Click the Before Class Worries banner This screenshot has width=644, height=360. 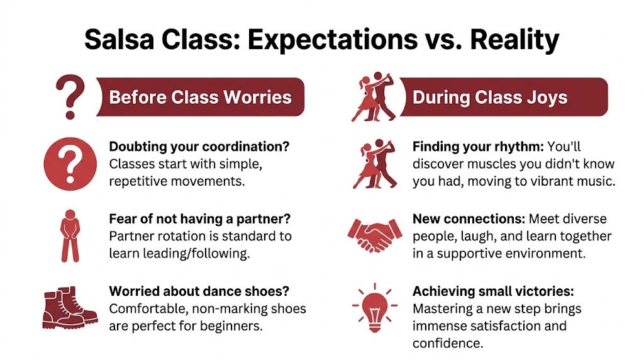pyautogui.click(x=200, y=97)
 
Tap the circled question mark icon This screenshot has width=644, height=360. pyautogui.click(x=70, y=166)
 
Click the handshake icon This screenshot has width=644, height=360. pyautogui.click(x=375, y=235)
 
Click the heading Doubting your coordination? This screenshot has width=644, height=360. pyautogui.click(x=199, y=147)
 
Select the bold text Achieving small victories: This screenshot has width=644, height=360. pyautogui.click(x=494, y=291)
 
